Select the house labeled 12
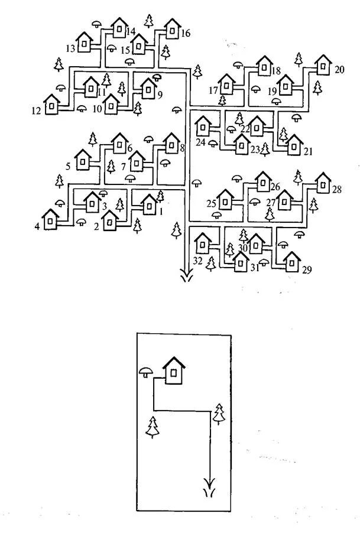(x=52, y=105)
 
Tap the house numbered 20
(x=323, y=66)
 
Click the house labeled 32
(x=203, y=243)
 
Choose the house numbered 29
(x=291, y=261)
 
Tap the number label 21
(x=308, y=151)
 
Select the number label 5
(x=69, y=167)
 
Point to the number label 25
(x=212, y=204)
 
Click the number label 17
(x=213, y=90)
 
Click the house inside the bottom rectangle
(x=174, y=370)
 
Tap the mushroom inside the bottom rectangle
(x=146, y=372)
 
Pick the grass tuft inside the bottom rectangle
(x=208, y=493)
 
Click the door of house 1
(x=149, y=207)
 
